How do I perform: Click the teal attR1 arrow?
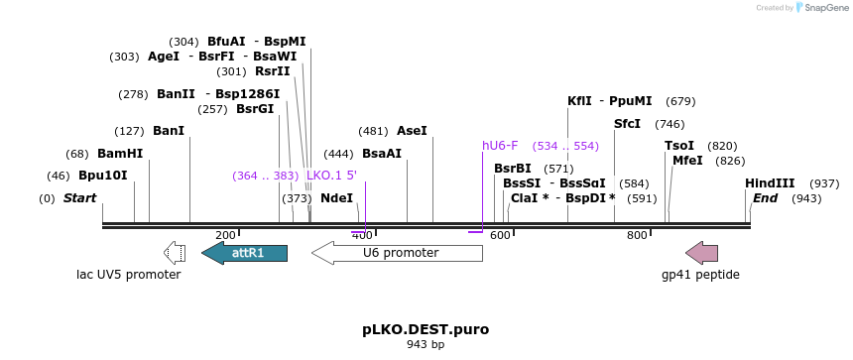245,253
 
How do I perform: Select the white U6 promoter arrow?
398,253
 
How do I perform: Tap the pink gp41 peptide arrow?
701,253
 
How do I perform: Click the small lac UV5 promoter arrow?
175,253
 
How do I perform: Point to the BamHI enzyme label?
120,154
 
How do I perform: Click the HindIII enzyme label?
770,183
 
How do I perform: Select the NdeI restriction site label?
336,198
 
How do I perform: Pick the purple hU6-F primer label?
500,146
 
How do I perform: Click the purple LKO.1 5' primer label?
331,176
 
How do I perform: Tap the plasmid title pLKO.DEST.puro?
426,329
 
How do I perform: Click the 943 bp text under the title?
426,345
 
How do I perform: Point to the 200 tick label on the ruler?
225,235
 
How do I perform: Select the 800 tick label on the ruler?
636,235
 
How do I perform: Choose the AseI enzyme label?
412,131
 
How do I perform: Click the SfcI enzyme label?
627,124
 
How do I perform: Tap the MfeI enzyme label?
687,161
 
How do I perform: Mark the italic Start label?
79,198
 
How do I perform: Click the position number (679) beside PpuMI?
680,101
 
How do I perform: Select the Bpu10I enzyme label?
103,176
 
